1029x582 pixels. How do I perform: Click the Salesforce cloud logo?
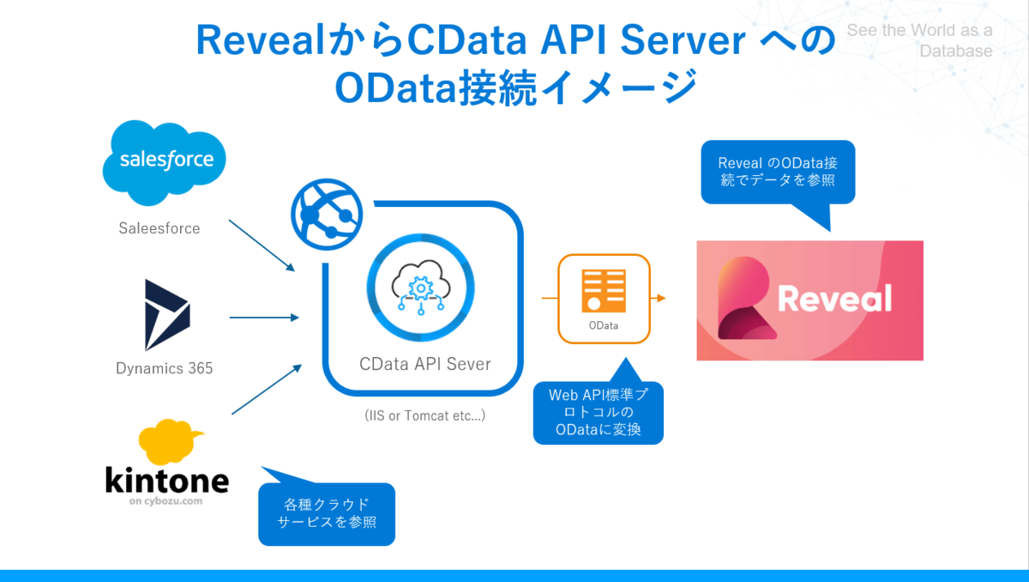(x=163, y=160)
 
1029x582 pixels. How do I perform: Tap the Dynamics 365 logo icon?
(x=166, y=314)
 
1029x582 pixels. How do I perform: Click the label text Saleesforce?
(x=159, y=228)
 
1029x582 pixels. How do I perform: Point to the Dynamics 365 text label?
(x=165, y=369)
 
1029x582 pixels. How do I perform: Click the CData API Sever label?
(x=425, y=364)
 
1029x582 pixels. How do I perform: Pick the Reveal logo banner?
(x=809, y=300)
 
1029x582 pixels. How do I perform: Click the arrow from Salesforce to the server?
(x=263, y=244)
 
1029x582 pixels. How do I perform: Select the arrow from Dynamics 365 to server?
(x=264, y=318)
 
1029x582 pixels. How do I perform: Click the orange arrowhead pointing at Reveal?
(x=660, y=299)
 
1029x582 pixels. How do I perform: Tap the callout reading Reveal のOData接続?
(x=778, y=172)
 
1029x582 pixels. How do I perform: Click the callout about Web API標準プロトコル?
(x=599, y=413)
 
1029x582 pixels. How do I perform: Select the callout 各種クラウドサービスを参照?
(x=327, y=513)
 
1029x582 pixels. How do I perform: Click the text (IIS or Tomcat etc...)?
(x=425, y=415)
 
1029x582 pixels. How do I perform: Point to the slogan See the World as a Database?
(x=919, y=40)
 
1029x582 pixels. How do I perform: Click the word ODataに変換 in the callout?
(x=599, y=429)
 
